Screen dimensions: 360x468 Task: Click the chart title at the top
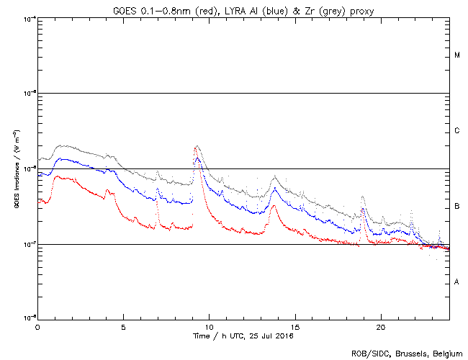[243, 9]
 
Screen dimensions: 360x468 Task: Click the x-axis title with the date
[243, 336]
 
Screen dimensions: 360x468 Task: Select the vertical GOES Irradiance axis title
[15, 168]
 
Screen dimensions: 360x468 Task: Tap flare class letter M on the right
[457, 55]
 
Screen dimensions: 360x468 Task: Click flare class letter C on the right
[457, 131]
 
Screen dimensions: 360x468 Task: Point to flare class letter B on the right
[457, 207]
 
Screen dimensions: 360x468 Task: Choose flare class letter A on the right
[457, 282]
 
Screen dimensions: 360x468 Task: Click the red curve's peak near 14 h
[273, 206]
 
